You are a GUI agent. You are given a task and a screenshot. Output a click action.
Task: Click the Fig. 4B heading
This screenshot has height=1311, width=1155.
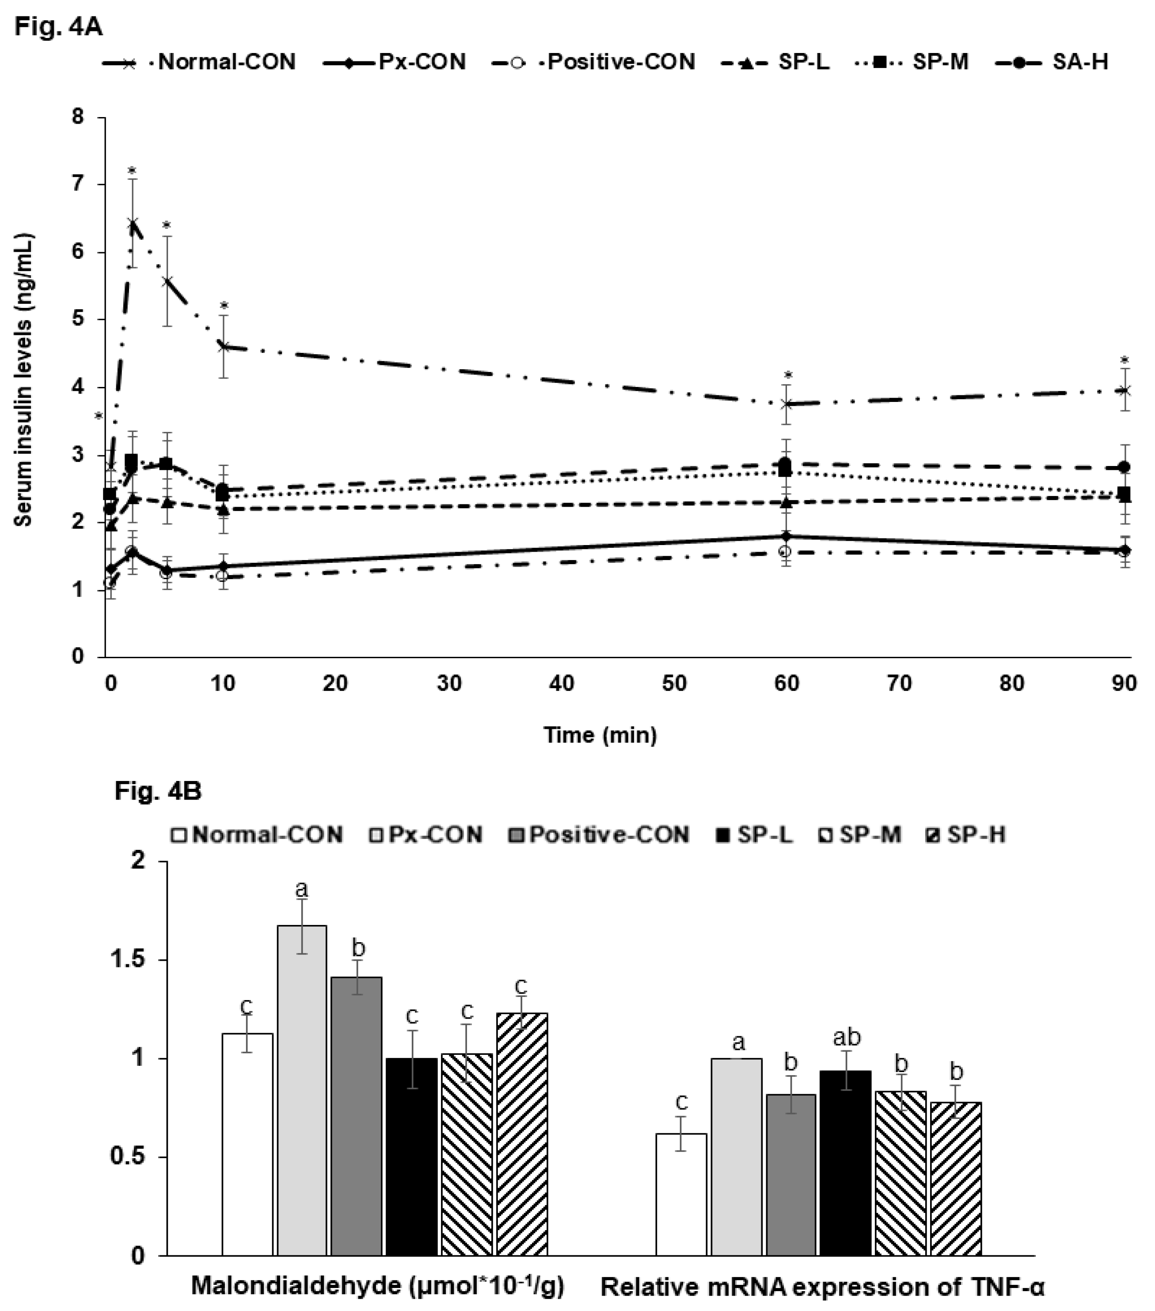pos(158,792)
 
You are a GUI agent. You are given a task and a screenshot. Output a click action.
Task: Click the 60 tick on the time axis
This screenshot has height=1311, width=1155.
pos(786,683)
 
